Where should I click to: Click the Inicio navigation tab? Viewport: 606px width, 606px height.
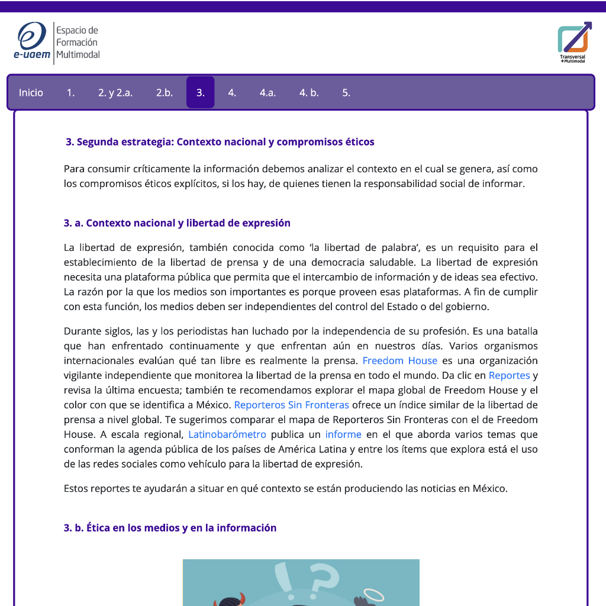pos(31,93)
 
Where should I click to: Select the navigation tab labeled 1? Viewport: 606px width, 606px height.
pos(70,93)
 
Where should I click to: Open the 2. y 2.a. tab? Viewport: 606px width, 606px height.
pos(115,93)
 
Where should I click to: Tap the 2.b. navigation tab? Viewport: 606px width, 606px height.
pos(165,93)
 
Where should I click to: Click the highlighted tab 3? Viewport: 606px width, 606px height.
pos(201,93)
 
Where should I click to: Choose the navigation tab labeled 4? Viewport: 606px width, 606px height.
pos(232,93)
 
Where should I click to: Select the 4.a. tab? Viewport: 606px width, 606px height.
pos(267,93)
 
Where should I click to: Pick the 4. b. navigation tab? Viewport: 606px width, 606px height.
pos(309,93)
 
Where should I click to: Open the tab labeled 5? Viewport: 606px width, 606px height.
pos(346,93)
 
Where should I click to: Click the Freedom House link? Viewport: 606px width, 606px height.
pos(399,361)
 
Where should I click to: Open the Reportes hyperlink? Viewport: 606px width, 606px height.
pos(509,376)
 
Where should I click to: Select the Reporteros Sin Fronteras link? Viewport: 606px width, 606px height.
pos(291,405)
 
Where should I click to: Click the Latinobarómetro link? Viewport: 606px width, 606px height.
pos(227,435)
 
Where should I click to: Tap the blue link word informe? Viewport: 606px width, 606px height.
pos(343,435)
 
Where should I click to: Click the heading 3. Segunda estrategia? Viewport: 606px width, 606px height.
pos(220,142)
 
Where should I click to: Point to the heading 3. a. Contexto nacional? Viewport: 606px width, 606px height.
pos(177,223)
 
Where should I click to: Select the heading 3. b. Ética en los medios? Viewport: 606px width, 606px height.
pos(170,528)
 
